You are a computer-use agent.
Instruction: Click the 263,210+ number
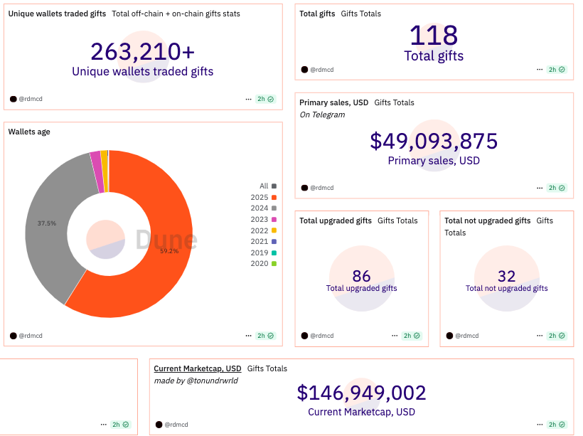[142, 51]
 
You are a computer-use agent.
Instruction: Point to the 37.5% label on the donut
[46, 223]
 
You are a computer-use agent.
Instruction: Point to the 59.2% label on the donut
[169, 251]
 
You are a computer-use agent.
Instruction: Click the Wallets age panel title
[29, 132]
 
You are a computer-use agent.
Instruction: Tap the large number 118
[434, 36]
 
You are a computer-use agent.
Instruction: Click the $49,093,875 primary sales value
[434, 141]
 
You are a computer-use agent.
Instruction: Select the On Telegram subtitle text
[322, 115]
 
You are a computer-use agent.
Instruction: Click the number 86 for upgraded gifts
[361, 276]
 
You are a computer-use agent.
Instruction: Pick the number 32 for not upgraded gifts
[506, 276]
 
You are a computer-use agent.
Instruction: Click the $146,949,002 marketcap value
[361, 393]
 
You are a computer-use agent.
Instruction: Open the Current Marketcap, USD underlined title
[198, 368]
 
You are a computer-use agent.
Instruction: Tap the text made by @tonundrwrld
[196, 381]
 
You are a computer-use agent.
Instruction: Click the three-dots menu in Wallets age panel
[248, 336]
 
